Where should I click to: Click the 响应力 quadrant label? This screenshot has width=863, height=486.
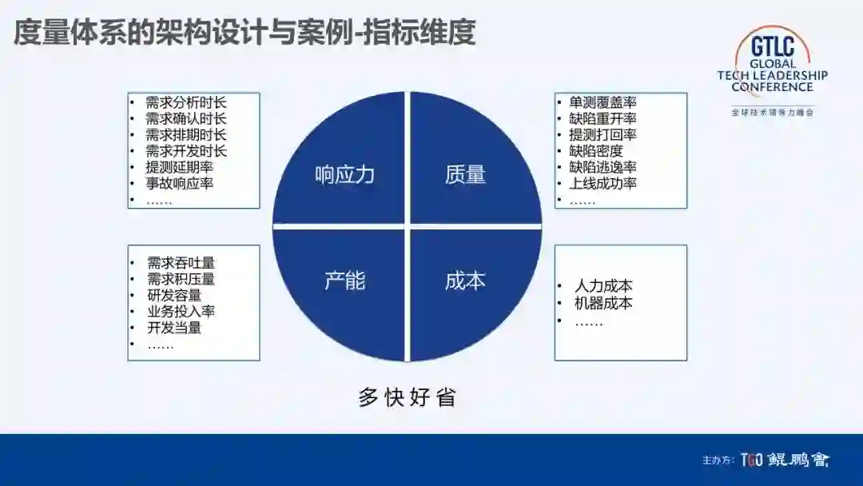(x=344, y=175)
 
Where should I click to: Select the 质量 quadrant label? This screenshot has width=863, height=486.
(x=465, y=175)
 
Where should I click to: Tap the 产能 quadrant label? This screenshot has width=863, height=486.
(x=344, y=281)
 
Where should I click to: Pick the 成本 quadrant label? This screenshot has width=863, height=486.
(x=465, y=281)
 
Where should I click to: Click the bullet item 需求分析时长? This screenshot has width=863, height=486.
(x=186, y=102)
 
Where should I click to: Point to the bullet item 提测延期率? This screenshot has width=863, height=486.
(x=179, y=167)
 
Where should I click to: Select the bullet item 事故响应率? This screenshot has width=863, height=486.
(x=179, y=183)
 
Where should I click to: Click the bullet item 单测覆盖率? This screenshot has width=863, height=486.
(x=603, y=102)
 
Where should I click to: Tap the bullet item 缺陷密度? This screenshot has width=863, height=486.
(x=595, y=150)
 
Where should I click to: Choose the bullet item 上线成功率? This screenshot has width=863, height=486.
(x=603, y=183)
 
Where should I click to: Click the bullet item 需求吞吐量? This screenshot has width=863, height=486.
(x=181, y=263)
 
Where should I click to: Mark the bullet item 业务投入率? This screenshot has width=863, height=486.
(x=181, y=311)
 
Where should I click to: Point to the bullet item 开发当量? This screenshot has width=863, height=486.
(x=174, y=327)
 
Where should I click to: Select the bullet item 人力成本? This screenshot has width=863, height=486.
(x=603, y=285)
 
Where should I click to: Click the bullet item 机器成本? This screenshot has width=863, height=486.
(x=603, y=303)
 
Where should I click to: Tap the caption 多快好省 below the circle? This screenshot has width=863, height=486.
(x=407, y=397)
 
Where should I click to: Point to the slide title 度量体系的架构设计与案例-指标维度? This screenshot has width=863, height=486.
(x=245, y=34)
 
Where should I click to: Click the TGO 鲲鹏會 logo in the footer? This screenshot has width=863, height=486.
(x=785, y=460)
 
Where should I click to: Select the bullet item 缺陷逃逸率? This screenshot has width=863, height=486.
(x=603, y=167)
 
